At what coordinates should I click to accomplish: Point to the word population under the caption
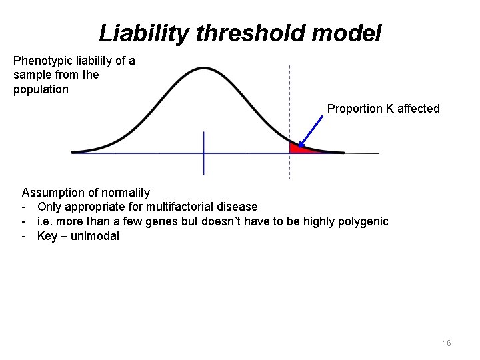pos(41,89)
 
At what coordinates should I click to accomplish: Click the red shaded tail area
pos(297,149)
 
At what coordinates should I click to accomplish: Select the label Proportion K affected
pos(383,109)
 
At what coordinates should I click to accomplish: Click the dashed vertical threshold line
pos(289,100)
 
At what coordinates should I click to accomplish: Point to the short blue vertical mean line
pos(203,153)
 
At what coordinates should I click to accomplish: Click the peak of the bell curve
pos(204,69)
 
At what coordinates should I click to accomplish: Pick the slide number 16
pos(447,343)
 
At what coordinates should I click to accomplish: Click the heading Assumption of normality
pos(86,193)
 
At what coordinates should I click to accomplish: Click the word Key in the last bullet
pos(47,236)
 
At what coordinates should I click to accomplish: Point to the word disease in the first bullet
pos(235,207)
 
